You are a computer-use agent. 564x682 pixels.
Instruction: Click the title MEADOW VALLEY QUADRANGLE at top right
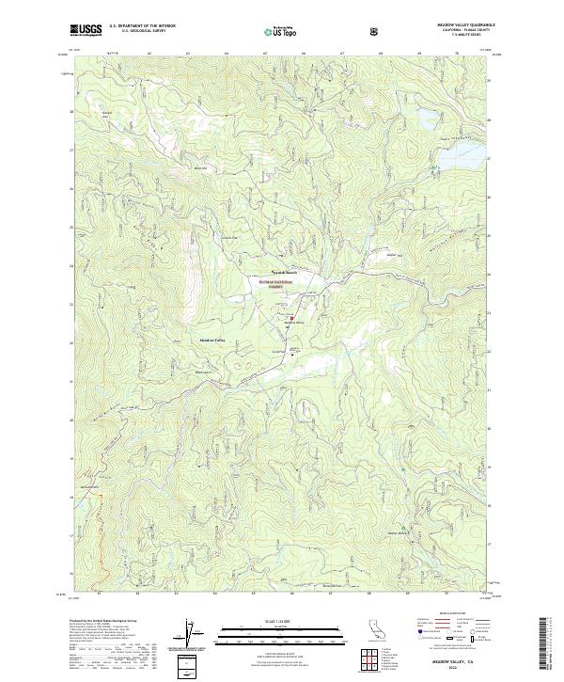pos(458,25)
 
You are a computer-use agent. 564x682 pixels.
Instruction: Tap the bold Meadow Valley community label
pos(211,341)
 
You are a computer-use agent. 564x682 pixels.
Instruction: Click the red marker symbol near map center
pos(291,318)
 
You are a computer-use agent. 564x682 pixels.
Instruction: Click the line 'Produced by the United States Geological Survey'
pos(94,621)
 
